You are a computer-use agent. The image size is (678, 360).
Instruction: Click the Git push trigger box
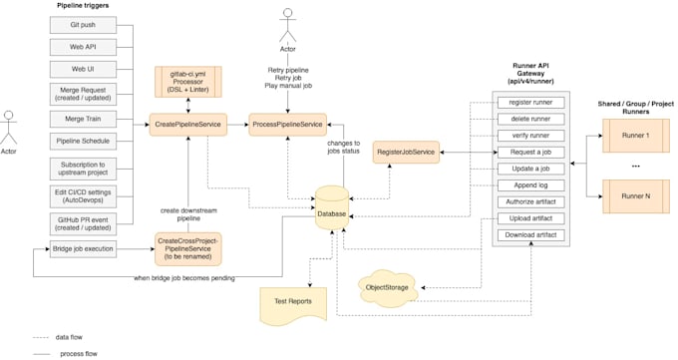tap(83, 22)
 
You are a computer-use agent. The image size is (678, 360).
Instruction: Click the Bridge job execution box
tap(84, 247)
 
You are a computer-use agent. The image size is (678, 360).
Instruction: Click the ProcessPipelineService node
tap(286, 125)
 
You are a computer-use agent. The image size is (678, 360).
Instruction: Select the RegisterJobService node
tap(407, 152)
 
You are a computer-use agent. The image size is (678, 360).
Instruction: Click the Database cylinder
tap(334, 210)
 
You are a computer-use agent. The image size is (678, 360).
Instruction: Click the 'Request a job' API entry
tap(530, 153)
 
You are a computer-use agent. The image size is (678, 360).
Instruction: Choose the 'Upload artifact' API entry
tap(530, 218)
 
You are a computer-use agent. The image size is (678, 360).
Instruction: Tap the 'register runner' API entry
tap(530, 103)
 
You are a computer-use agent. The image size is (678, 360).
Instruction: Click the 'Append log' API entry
tap(530, 185)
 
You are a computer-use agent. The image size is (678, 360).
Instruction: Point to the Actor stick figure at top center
tap(287, 27)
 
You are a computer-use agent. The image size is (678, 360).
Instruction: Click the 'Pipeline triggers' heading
tap(83, 6)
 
